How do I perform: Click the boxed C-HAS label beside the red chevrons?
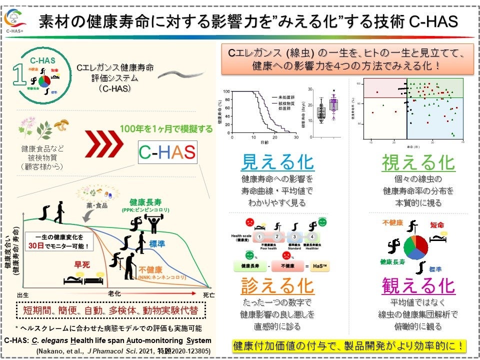point(167,152)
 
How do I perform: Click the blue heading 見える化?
point(277,162)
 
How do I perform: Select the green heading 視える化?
point(418,162)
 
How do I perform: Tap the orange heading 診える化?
point(277,285)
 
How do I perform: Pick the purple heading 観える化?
point(418,285)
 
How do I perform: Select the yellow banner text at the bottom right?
point(349,345)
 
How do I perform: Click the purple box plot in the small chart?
point(333,105)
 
